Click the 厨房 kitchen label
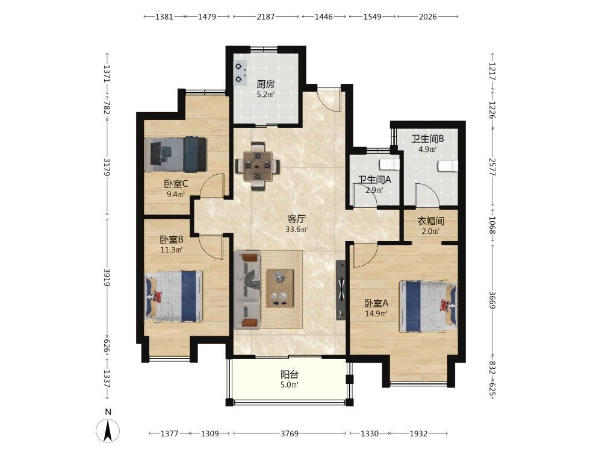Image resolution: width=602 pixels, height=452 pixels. tap(265, 84)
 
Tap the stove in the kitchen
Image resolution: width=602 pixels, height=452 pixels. tap(240, 73)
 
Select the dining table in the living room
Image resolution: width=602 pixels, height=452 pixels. tap(258, 166)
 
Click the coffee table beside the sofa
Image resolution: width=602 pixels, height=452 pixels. tap(280, 288)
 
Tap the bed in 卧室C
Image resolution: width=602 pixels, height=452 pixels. tap(176, 154)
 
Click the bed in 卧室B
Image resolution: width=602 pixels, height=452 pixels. tap(173, 296)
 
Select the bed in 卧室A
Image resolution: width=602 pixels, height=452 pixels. tap(428, 306)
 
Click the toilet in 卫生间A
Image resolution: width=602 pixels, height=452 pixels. tap(389, 164)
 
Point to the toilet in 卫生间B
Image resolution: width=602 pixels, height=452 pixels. tap(448, 166)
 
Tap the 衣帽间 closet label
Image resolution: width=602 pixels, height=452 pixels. tap(431, 221)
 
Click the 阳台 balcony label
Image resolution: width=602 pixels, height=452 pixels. tap(290, 374)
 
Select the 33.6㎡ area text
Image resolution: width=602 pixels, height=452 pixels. tap(296, 230)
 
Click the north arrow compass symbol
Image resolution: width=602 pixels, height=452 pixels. tap(108, 430)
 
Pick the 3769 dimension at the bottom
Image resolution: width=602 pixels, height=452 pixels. tap(290, 433)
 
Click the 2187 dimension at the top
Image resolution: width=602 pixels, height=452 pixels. tap(265, 16)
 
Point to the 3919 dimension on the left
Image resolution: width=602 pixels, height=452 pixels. tap(107, 277)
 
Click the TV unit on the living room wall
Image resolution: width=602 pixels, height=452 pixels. tap(341, 290)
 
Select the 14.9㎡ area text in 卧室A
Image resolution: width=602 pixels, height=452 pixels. tap(376, 313)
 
